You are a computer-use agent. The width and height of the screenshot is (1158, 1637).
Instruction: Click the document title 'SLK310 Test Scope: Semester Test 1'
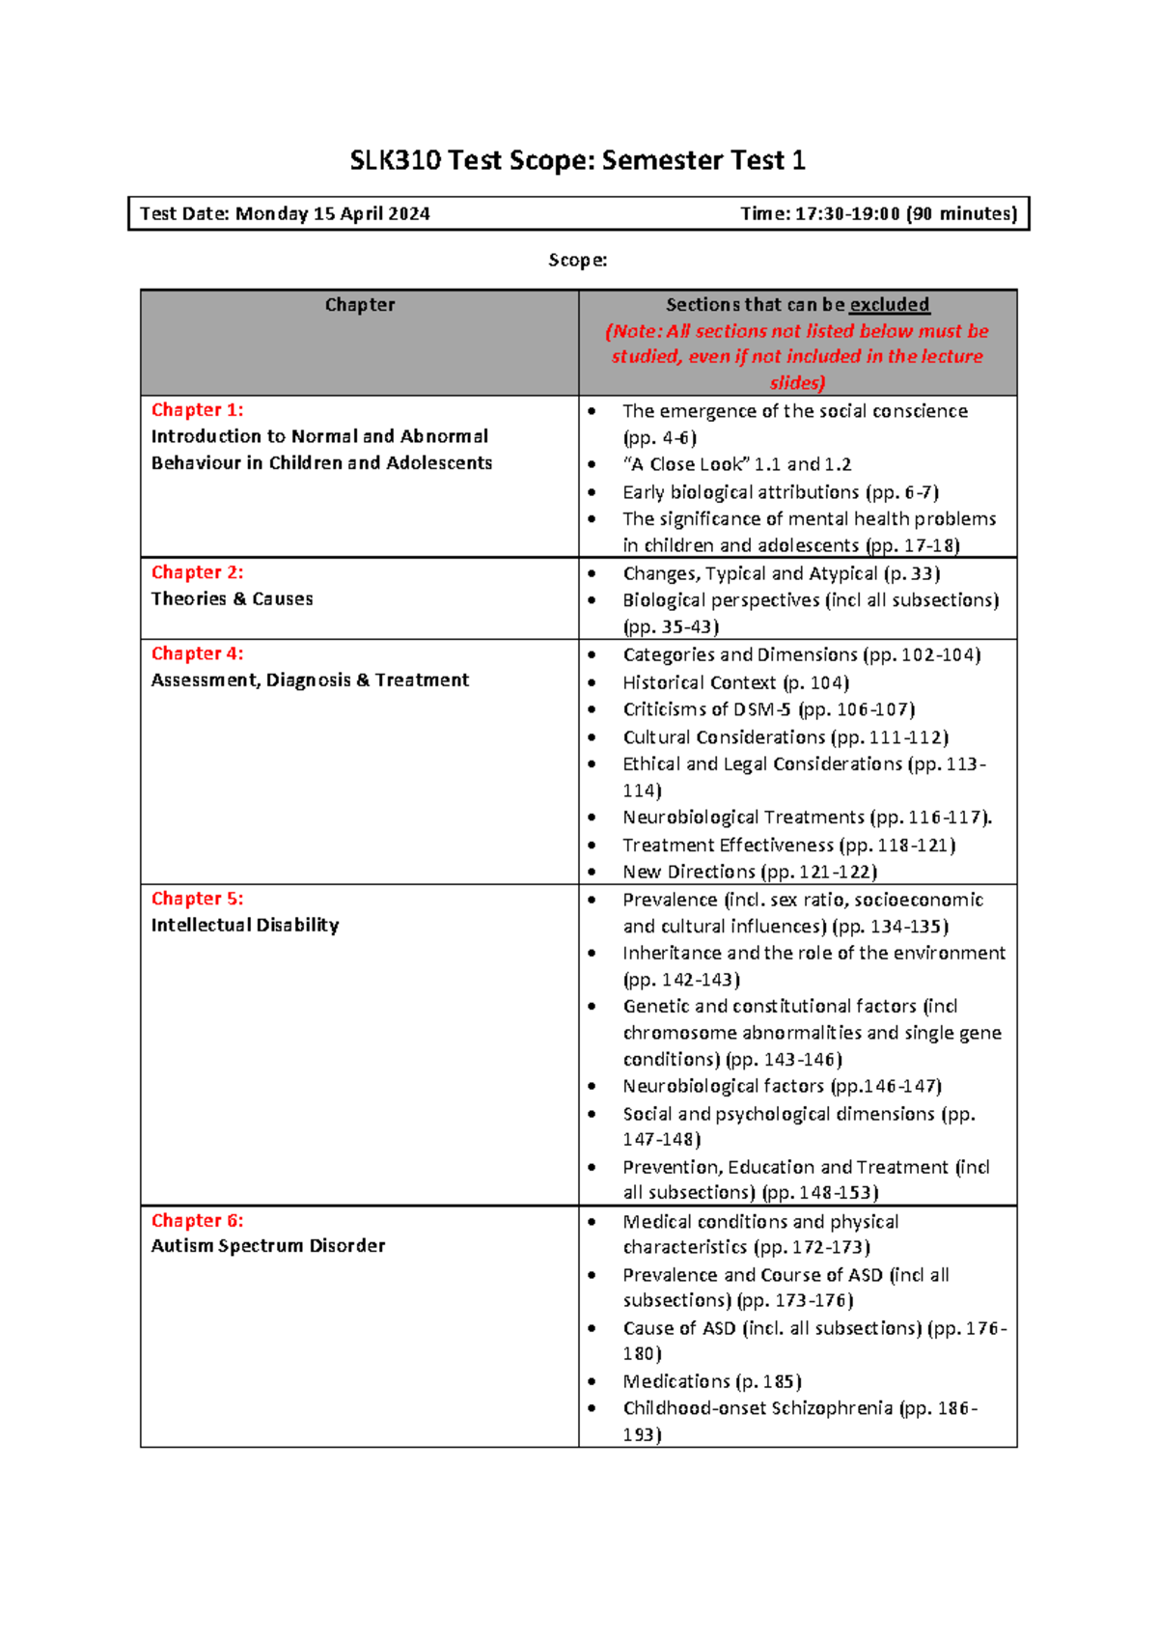click(x=577, y=160)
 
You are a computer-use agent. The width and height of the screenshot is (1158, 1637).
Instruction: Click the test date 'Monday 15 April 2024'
click(x=332, y=214)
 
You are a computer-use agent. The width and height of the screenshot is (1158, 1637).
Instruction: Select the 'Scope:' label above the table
click(x=577, y=261)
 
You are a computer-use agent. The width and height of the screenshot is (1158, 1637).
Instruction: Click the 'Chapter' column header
click(x=359, y=305)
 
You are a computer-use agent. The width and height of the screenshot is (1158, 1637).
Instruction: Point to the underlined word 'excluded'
click(x=889, y=305)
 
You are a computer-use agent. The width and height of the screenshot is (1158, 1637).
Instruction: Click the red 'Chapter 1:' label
click(x=197, y=410)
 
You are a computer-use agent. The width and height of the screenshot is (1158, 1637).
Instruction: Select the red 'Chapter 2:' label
click(x=197, y=572)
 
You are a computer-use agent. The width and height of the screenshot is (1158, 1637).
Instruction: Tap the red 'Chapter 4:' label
click(x=197, y=653)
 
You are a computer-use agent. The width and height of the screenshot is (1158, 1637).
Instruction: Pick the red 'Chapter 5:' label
click(x=197, y=899)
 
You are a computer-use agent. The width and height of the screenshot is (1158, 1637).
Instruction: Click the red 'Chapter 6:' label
click(x=197, y=1221)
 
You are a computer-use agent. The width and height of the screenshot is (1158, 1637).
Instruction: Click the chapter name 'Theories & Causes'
click(x=232, y=599)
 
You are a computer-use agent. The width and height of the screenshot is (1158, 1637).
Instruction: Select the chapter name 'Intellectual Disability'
click(x=245, y=926)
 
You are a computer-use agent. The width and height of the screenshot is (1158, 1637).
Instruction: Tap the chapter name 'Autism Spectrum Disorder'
click(x=267, y=1246)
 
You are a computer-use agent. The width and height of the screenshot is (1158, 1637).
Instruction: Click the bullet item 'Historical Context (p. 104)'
click(x=735, y=683)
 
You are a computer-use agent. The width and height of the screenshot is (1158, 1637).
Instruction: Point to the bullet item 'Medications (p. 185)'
click(x=712, y=1382)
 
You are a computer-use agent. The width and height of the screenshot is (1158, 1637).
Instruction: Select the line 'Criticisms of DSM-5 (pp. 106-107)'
click(x=768, y=709)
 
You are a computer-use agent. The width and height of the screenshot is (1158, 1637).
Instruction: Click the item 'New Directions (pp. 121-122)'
click(x=749, y=873)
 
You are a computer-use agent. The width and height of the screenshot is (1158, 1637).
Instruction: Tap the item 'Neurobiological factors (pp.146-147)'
click(x=782, y=1087)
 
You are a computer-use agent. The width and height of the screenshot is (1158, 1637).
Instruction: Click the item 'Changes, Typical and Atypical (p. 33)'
click(x=781, y=574)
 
